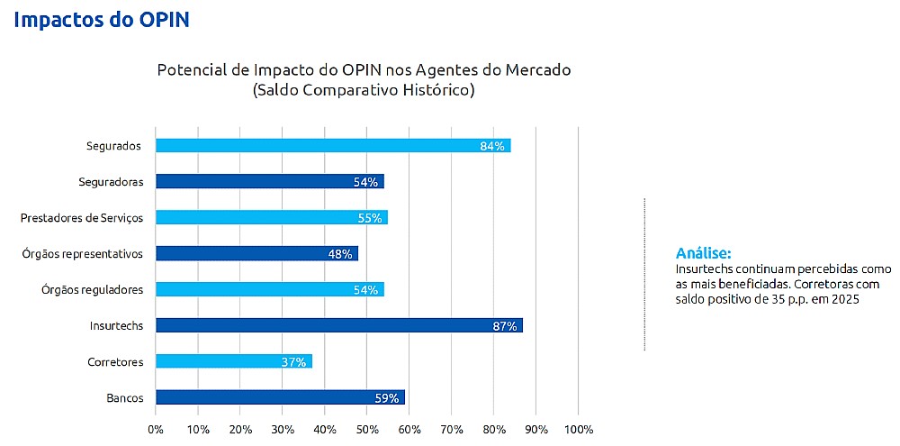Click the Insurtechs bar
click(338, 325)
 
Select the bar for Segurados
click(333, 145)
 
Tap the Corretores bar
click(233, 361)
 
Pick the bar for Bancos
click(280, 397)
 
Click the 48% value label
click(340, 254)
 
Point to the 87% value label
click(505, 326)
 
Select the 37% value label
click(294, 362)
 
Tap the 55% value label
click(370, 218)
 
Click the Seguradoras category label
click(111, 181)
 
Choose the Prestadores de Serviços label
click(82, 217)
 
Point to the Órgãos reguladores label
click(92, 289)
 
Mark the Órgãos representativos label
click(83, 253)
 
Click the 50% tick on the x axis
click(366, 429)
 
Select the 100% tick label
click(578, 429)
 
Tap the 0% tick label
click(156, 429)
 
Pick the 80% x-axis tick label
click(493, 429)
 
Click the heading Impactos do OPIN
click(102, 19)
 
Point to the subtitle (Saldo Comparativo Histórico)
click(364, 90)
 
